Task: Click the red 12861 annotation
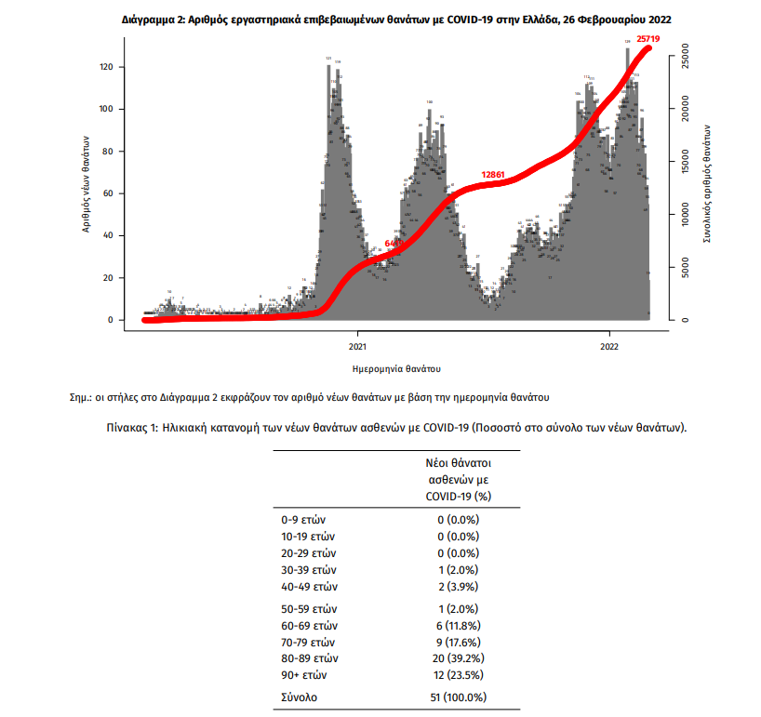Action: tap(493, 174)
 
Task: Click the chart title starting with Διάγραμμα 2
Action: tap(397, 19)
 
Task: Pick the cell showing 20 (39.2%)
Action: tap(458, 658)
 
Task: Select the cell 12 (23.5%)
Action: tap(458, 675)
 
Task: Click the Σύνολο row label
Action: tap(300, 697)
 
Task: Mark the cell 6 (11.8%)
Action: tap(458, 625)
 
